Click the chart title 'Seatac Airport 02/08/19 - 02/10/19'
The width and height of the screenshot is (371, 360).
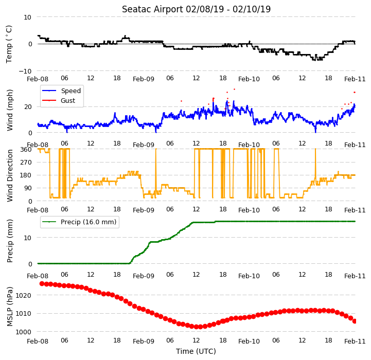(x=196, y=9)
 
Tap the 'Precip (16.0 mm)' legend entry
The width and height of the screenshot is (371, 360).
(x=79, y=222)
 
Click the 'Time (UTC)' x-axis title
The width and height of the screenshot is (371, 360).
(x=196, y=351)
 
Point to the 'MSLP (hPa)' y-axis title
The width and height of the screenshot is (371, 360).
(x=10, y=307)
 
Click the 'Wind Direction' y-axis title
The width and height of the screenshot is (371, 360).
(x=10, y=175)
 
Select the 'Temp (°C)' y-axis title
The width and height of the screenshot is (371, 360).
(x=9, y=44)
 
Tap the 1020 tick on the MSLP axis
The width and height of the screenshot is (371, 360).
(x=24, y=295)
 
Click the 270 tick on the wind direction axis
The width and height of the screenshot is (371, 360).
(x=26, y=163)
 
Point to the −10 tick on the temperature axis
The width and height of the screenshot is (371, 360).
(x=25, y=71)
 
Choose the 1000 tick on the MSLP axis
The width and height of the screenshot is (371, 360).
(x=24, y=332)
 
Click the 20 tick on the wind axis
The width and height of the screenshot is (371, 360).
(x=28, y=107)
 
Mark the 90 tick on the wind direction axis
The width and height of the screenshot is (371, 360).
(x=28, y=188)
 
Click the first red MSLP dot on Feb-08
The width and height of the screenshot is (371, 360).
(x=42, y=283)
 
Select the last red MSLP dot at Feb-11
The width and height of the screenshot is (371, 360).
(x=355, y=321)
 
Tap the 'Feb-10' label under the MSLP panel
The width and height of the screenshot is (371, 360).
(x=249, y=341)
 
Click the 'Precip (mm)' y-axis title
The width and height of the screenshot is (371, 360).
(x=10, y=241)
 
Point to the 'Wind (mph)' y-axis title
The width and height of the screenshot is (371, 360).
(x=10, y=110)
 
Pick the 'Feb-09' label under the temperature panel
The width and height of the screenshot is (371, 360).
(x=144, y=79)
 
